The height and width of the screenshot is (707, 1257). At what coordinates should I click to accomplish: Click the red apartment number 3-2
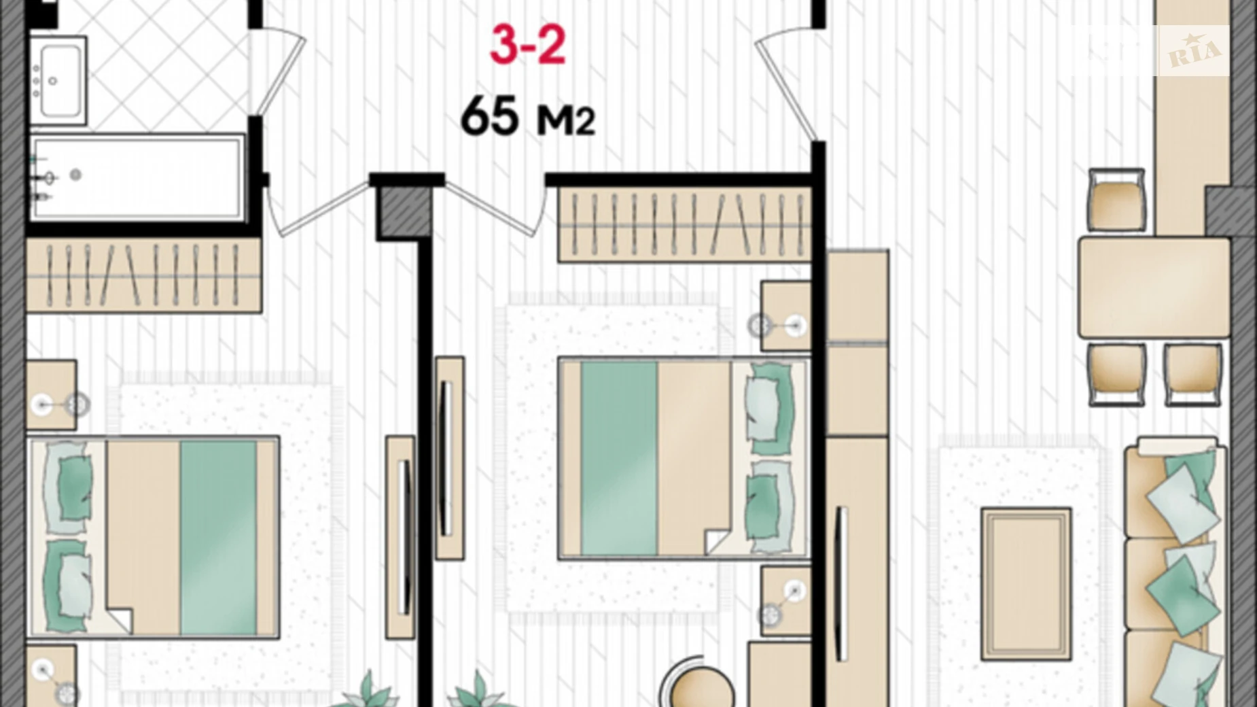pyautogui.click(x=528, y=45)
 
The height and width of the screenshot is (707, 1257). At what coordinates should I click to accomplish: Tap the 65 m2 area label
pyautogui.click(x=527, y=117)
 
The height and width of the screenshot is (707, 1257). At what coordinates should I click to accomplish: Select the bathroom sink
pyautogui.click(x=58, y=81)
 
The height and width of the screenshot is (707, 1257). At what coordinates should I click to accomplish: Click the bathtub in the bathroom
pyautogui.click(x=138, y=177)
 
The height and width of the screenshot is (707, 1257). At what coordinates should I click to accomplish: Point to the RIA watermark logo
pyautogui.click(x=1193, y=51)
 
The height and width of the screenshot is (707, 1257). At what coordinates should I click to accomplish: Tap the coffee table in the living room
pyautogui.click(x=1026, y=583)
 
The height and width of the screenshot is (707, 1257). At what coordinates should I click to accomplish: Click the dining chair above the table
pyautogui.click(x=1116, y=201)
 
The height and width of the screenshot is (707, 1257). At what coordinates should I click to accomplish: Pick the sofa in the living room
pyautogui.click(x=1174, y=571)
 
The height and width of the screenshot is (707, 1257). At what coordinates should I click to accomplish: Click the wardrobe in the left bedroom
pyautogui.click(x=143, y=275)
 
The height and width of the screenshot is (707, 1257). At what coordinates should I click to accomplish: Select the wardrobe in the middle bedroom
pyautogui.click(x=684, y=224)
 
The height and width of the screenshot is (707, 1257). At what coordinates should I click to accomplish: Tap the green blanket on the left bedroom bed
pyautogui.click(x=218, y=537)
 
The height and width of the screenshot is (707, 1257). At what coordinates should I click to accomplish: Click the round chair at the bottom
pyautogui.click(x=700, y=688)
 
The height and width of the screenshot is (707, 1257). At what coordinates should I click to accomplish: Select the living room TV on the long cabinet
pyautogui.click(x=841, y=585)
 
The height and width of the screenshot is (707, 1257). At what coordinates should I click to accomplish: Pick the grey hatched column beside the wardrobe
pyautogui.click(x=404, y=212)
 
